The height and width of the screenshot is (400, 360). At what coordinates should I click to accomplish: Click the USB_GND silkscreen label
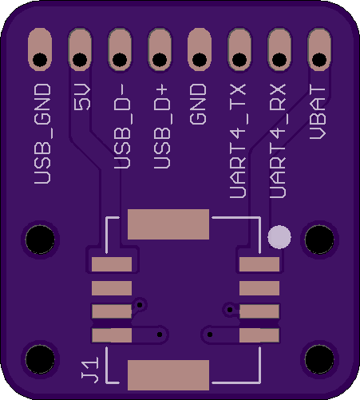point(42,134)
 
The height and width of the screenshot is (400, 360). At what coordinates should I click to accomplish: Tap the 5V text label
point(82,97)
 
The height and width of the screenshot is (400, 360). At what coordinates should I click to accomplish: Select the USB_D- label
point(122,126)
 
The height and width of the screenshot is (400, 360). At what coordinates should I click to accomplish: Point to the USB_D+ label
point(161,126)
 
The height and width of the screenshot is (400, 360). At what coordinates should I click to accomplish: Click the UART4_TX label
point(238,141)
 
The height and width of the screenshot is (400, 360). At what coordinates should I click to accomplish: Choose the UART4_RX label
point(278,141)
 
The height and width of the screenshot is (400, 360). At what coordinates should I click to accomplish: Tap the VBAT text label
point(318,112)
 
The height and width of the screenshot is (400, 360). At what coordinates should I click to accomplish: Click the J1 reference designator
point(90,370)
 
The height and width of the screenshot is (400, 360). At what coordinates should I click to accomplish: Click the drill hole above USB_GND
point(40,60)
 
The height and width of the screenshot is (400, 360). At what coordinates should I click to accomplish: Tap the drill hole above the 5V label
point(80,60)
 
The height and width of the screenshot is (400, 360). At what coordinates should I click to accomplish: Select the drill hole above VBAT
point(319,60)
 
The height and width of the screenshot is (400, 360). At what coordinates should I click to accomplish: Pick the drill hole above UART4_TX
point(239,60)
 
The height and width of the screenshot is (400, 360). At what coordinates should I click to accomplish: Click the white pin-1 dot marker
point(279,237)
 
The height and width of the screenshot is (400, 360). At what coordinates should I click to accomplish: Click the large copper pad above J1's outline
point(168,224)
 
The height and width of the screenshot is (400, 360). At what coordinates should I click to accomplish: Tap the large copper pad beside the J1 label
point(168,375)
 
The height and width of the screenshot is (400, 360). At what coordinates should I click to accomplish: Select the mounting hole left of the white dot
point(40,240)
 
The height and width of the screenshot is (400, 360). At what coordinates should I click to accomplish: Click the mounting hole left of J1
point(40,359)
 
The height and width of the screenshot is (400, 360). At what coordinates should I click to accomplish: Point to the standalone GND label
point(198,104)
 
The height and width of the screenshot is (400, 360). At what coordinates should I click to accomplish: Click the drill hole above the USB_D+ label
point(160,60)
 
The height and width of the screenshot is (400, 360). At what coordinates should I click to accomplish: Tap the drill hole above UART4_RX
point(279,60)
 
